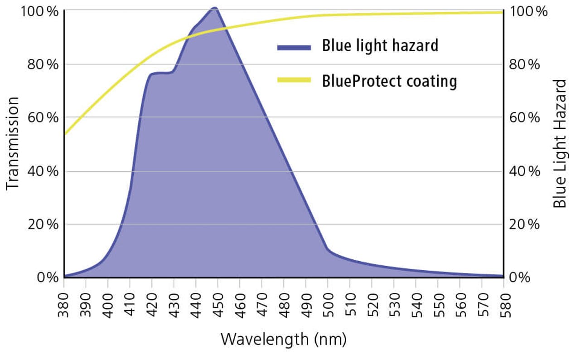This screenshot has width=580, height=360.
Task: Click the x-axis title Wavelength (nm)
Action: click(x=284, y=339)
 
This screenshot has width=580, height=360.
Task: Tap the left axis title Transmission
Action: click(x=13, y=142)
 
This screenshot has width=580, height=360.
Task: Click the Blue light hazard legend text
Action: click(x=380, y=46)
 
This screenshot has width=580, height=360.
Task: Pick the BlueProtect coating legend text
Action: click(x=389, y=81)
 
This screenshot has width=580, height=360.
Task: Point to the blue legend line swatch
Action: click(x=294, y=47)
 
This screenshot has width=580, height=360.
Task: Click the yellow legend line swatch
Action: click(x=294, y=80)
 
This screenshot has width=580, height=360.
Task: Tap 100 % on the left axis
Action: click(x=40, y=11)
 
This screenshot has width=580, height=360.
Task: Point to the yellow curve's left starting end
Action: click(x=65, y=134)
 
